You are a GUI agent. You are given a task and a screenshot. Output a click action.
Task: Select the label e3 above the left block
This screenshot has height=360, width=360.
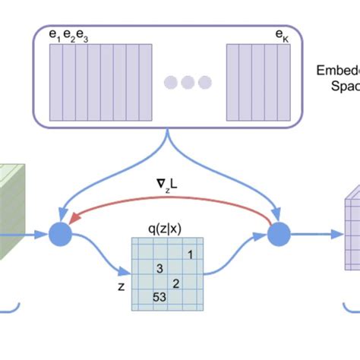click(x=84, y=36)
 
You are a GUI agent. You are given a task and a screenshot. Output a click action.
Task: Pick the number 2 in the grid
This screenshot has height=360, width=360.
click(x=175, y=283)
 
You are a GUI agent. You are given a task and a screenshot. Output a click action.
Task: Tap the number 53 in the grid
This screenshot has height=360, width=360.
click(x=159, y=297)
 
